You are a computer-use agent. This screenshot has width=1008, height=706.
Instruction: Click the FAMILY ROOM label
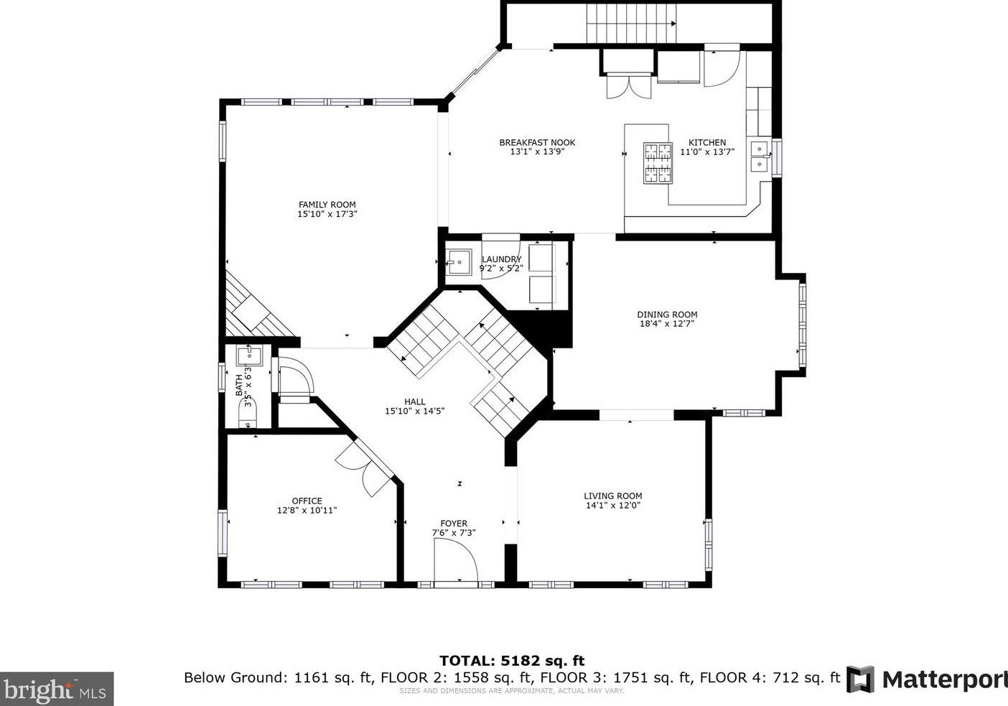tap(327, 205)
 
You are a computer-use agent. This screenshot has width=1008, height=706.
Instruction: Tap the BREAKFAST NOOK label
tap(537, 142)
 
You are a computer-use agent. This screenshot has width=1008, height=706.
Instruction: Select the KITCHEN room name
tap(707, 142)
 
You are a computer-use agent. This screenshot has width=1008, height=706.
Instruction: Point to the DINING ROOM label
tap(667, 314)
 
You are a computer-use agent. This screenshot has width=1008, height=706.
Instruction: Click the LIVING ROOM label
tap(612, 496)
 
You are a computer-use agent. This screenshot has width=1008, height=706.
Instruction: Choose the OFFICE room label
tap(307, 501)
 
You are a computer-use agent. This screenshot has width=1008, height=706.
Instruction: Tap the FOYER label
tap(454, 524)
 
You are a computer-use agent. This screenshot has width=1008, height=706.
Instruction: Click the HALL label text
tap(414, 402)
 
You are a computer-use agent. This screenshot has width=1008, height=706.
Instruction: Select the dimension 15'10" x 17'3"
tap(327, 214)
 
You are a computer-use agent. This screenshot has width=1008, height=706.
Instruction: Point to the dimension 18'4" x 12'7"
tap(667, 324)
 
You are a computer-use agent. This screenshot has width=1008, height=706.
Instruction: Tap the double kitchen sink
tap(758, 157)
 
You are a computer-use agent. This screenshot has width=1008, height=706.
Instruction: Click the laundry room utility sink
tap(458, 262)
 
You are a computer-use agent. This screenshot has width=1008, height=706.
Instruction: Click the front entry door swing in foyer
tap(457, 559)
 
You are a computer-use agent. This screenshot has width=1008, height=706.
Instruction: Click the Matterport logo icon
tap(860, 679)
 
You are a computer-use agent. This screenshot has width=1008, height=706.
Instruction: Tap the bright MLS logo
tap(57, 689)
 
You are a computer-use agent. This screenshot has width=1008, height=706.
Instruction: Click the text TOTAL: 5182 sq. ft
tap(511, 661)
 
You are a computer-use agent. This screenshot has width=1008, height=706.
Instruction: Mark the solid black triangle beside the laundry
tap(549, 327)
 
